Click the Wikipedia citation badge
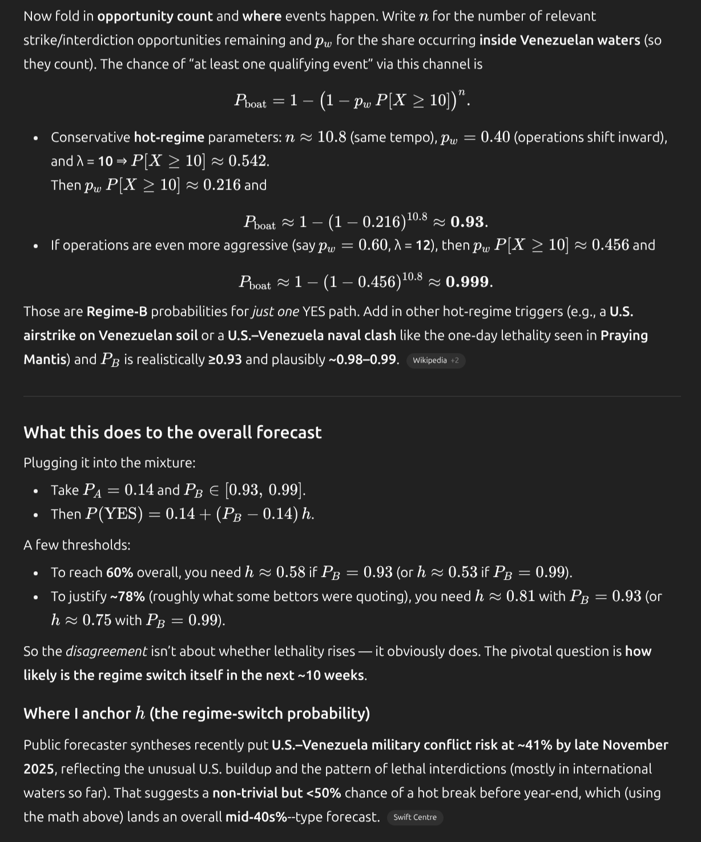(436, 360)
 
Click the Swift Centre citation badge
(415, 817)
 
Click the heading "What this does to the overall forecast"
(172, 432)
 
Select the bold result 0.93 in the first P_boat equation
(469, 222)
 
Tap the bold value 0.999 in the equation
(469, 282)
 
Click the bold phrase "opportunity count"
(155, 16)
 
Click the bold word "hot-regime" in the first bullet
(169, 137)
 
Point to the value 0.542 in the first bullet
(249, 161)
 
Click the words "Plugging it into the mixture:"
(110, 463)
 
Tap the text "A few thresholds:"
(77, 545)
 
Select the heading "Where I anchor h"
(196, 713)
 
